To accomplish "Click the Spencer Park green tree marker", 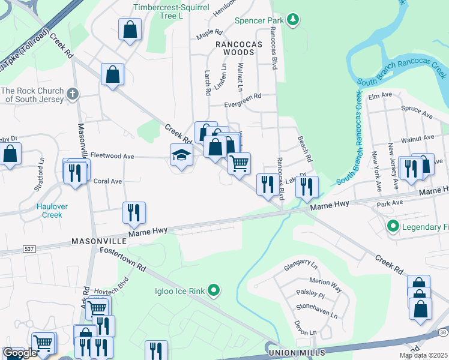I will (293, 20).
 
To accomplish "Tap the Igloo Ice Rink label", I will (178, 292).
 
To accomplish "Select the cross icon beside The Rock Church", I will (72, 94).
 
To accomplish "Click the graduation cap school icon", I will (181, 155).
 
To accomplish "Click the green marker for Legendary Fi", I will (393, 226).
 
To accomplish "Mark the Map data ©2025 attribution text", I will (423, 355).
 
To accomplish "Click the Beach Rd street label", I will (306, 149).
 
